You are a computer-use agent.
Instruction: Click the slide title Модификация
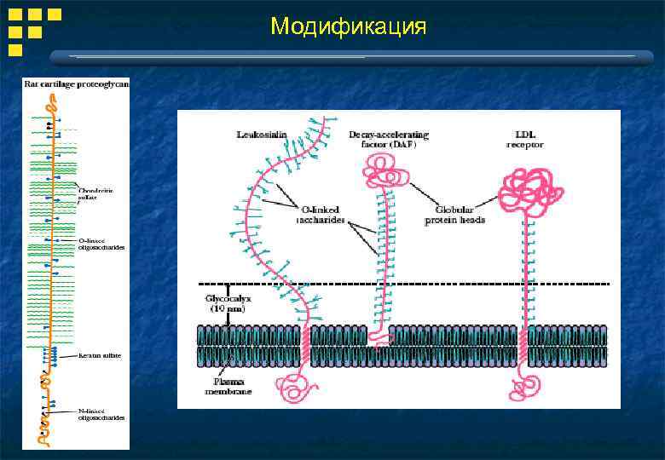point(348,26)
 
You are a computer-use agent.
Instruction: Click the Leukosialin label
point(260,134)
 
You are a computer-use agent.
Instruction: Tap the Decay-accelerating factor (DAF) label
point(389,140)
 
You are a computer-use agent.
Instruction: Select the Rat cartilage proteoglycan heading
point(77,83)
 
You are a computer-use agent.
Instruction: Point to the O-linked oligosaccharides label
point(101,244)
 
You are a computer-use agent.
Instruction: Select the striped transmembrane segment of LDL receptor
point(522,345)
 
